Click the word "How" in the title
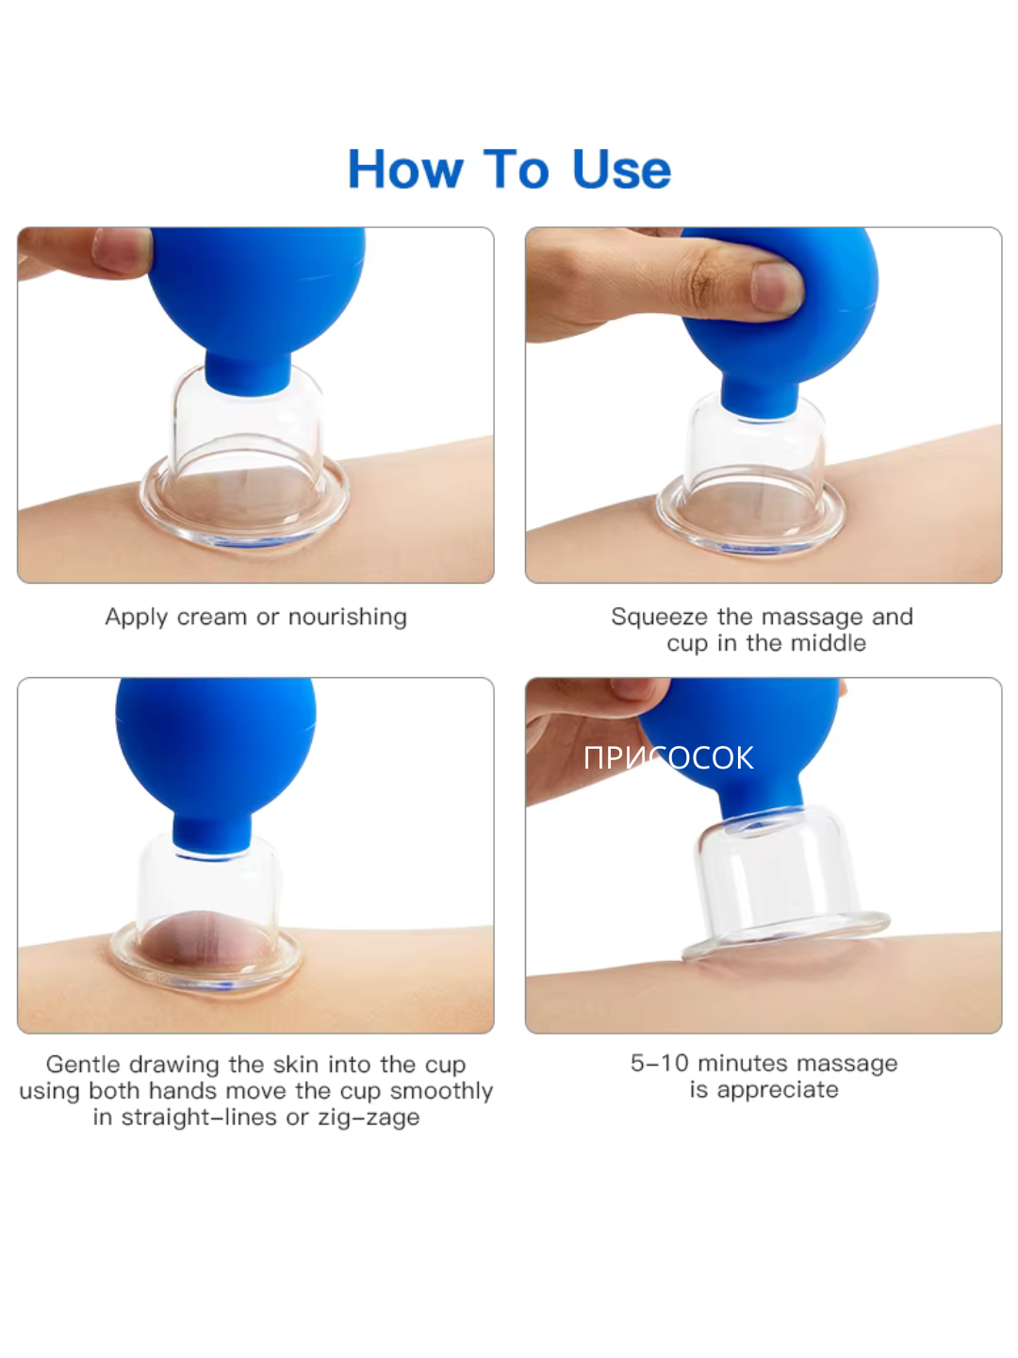pyautogui.click(x=405, y=169)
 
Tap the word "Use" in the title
pyautogui.click(x=621, y=169)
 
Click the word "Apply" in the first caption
pyautogui.click(x=136, y=618)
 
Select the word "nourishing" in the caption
pyautogui.click(x=348, y=617)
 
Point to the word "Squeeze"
pyautogui.click(x=660, y=618)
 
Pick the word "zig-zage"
pyautogui.click(x=369, y=1118)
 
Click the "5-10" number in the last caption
pyautogui.click(x=659, y=1063)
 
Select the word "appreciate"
pyautogui.click(x=778, y=1089)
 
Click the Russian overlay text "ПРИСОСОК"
pyautogui.click(x=668, y=758)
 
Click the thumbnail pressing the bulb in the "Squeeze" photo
pyautogui.click(x=777, y=287)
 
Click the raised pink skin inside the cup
pyautogui.click(x=205, y=943)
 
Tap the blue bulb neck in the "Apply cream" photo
pyautogui.click(x=247, y=373)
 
